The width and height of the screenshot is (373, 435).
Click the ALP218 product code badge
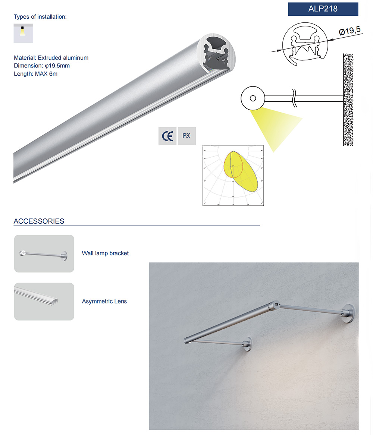pyautogui.click(x=323, y=9)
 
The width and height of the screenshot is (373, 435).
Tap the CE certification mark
pyautogui.click(x=167, y=136)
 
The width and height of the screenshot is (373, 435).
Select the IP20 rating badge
pyautogui.click(x=186, y=136)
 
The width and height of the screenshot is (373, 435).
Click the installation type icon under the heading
pyautogui.click(x=23, y=33)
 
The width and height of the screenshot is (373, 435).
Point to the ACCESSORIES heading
pyautogui.click(x=39, y=221)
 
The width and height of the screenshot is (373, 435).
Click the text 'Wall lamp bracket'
pyautogui.click(x=105, y=253)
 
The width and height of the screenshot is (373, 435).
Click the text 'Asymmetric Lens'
pyautogui.click(x=104, y=301)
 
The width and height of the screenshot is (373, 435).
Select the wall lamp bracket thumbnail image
pyautogui.click(x=44, y=253)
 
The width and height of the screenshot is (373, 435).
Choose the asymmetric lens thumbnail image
pyautogui.click(x=44, y=301)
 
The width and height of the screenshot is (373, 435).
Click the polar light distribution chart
pyautogui.click(x=233, y=175)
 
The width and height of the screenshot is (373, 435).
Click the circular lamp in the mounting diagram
pyautogui.click(x=253, y=98)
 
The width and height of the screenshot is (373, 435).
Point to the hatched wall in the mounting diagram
pyautogui.click(x=348, y=99)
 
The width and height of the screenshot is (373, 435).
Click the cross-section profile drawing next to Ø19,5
pyautogui.click(x=303, y=45)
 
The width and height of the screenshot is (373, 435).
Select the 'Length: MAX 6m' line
pyautogui.click(x=35, y=74)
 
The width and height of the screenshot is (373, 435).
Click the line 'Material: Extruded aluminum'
pyautogui.click(x=51, y=58)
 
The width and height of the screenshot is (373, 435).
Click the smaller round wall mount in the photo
pyautogui.click(x=248, y=345)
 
